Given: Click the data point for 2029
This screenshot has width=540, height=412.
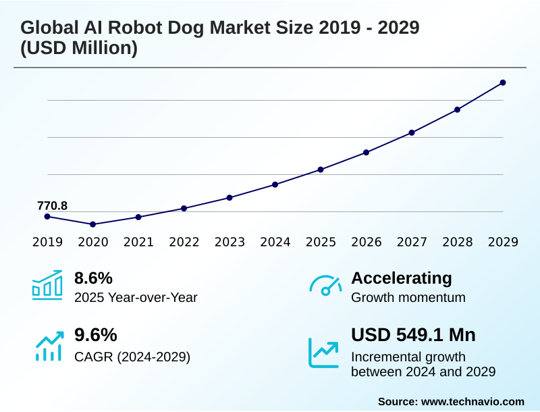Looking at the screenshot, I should pos(503,82).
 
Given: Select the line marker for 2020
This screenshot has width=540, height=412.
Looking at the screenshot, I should pos(92,224).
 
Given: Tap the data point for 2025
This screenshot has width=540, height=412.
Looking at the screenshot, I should pos(321,170).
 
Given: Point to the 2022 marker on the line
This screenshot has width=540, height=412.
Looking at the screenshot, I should pos(184,208).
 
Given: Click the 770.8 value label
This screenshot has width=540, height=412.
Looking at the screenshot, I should pos(52,206).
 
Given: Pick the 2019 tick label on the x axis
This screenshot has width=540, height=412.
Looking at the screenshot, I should pos(47,242).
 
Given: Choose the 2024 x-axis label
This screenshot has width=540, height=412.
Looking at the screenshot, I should pos(275,242).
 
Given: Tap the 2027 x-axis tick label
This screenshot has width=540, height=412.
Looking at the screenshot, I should pos(412,242).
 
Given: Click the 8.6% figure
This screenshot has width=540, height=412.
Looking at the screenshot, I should pos(93,278).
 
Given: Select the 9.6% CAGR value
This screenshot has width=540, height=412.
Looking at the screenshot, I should pos(95,335).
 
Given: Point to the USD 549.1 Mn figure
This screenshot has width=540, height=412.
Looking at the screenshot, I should pos(413,335).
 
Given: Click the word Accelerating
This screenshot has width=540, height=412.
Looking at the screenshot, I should pos(402,278).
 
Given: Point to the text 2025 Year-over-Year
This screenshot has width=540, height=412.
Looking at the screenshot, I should pos(136,297).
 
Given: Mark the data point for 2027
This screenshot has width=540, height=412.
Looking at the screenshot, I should pos(412,132).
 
